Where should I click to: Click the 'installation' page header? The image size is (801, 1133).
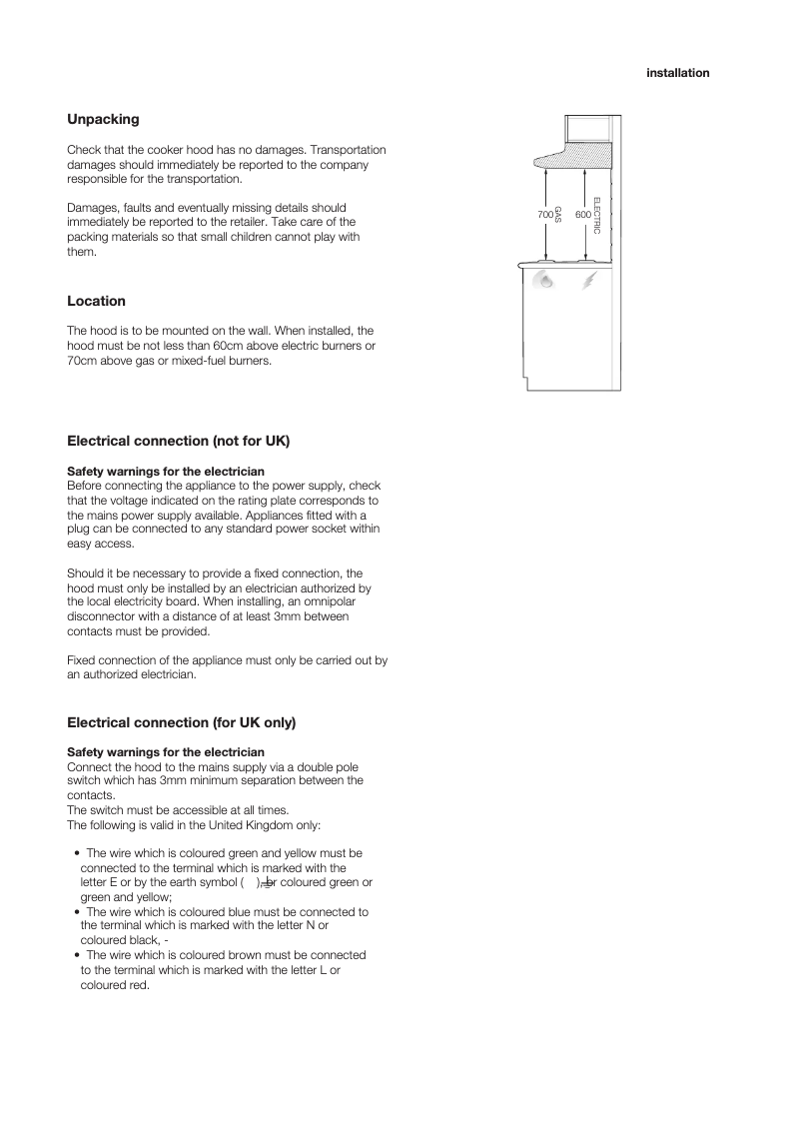pyautogui.click(x=677, y=73)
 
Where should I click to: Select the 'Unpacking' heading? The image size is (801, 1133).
pyautogui.click(x=103, y=119)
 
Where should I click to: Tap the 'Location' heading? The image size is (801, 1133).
pyautogui.click(x=96, y=301)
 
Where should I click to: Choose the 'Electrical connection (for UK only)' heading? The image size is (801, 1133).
pyautogui.click(x=181, y=721)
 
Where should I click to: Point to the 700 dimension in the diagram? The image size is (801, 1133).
pyautogui.click(x=545, y=216)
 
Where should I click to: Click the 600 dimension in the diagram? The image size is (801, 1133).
pyautogui.click(x=582, y=216)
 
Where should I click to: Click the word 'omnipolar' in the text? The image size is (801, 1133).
pyautogui.click(x=330, y=602)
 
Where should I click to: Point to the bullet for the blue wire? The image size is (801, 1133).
pyautogui.click(x=77, y=912)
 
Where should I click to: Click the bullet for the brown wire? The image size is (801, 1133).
pyautogui.click(x=77, y=955)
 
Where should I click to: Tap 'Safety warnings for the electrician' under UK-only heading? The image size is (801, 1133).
pyautogui.click(x=166, y=751)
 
